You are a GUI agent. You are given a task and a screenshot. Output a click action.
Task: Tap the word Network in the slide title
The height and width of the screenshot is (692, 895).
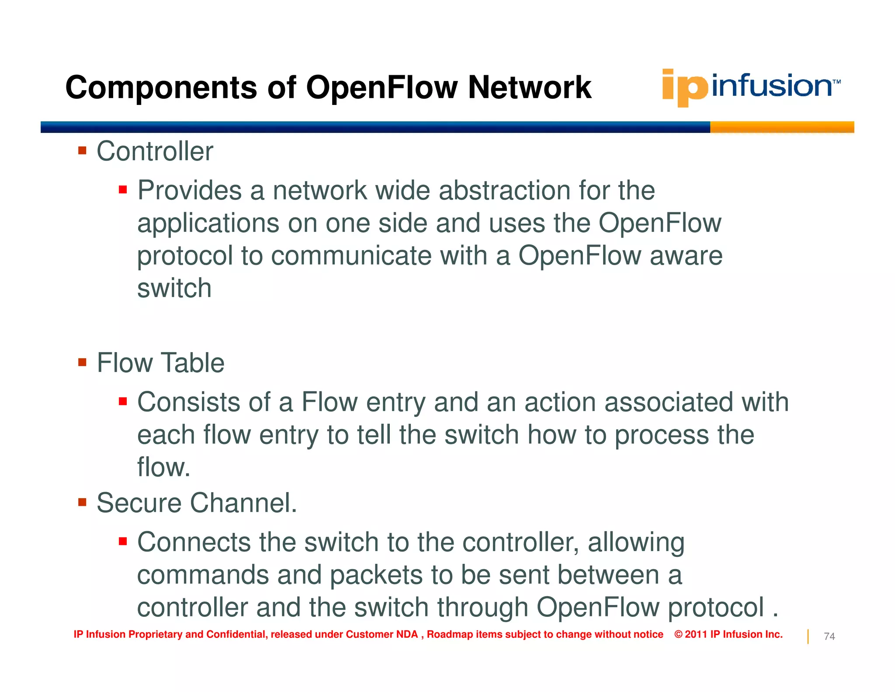tap(529, 87)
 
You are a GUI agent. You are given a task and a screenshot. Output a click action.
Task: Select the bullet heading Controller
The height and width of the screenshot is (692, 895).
tap(155, 151)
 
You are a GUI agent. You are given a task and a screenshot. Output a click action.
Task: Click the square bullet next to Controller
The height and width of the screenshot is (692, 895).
tap(82, 151)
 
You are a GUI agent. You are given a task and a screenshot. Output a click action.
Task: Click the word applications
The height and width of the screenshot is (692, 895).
tap(208, 223)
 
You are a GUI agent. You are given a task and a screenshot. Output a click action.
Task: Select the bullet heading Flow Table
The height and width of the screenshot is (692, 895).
tap(160, 363)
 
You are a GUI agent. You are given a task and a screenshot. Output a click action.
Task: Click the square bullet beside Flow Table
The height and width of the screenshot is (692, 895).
tap(82, 362)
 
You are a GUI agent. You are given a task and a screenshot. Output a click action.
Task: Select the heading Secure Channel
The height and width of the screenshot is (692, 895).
tap(196, 503)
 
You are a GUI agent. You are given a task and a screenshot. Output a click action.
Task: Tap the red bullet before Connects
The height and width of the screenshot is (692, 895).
tap(123, 542)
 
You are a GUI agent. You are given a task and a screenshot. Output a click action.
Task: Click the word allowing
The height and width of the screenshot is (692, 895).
tap(636, 542)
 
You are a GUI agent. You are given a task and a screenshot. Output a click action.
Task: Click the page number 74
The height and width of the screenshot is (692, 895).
tap(829, 636)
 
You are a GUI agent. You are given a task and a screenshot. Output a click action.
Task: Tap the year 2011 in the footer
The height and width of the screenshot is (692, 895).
tap(696, 634)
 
